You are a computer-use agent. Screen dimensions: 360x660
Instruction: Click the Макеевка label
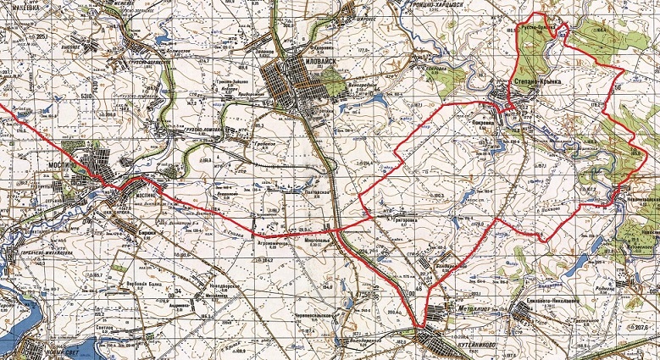tap(19, 11)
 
